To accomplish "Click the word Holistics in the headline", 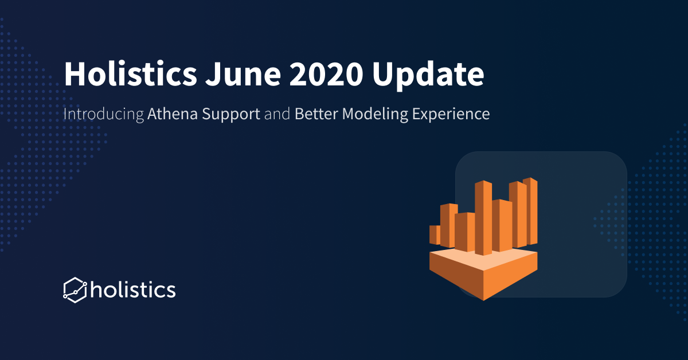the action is tap(130, 74).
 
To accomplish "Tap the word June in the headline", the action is tap(243, 75).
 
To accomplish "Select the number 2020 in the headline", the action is tap(326, 75).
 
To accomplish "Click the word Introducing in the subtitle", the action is tap(104, 114).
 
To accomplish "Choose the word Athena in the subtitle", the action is tap(173, 114).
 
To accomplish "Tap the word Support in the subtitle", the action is tap(231, 114).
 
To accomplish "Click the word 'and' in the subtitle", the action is tap(277, 114).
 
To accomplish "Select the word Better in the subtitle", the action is tap(316, 114).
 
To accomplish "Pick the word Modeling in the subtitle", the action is tap(375, 114).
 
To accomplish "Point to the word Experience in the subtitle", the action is tap(451, 114).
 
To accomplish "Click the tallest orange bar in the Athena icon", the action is tap(483, 218).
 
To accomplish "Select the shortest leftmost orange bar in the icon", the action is tap(435, 235).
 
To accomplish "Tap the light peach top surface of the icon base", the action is tap(483, 260).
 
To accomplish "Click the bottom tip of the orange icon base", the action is tap(483, 300).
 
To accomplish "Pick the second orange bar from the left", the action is tap(448, 225).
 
